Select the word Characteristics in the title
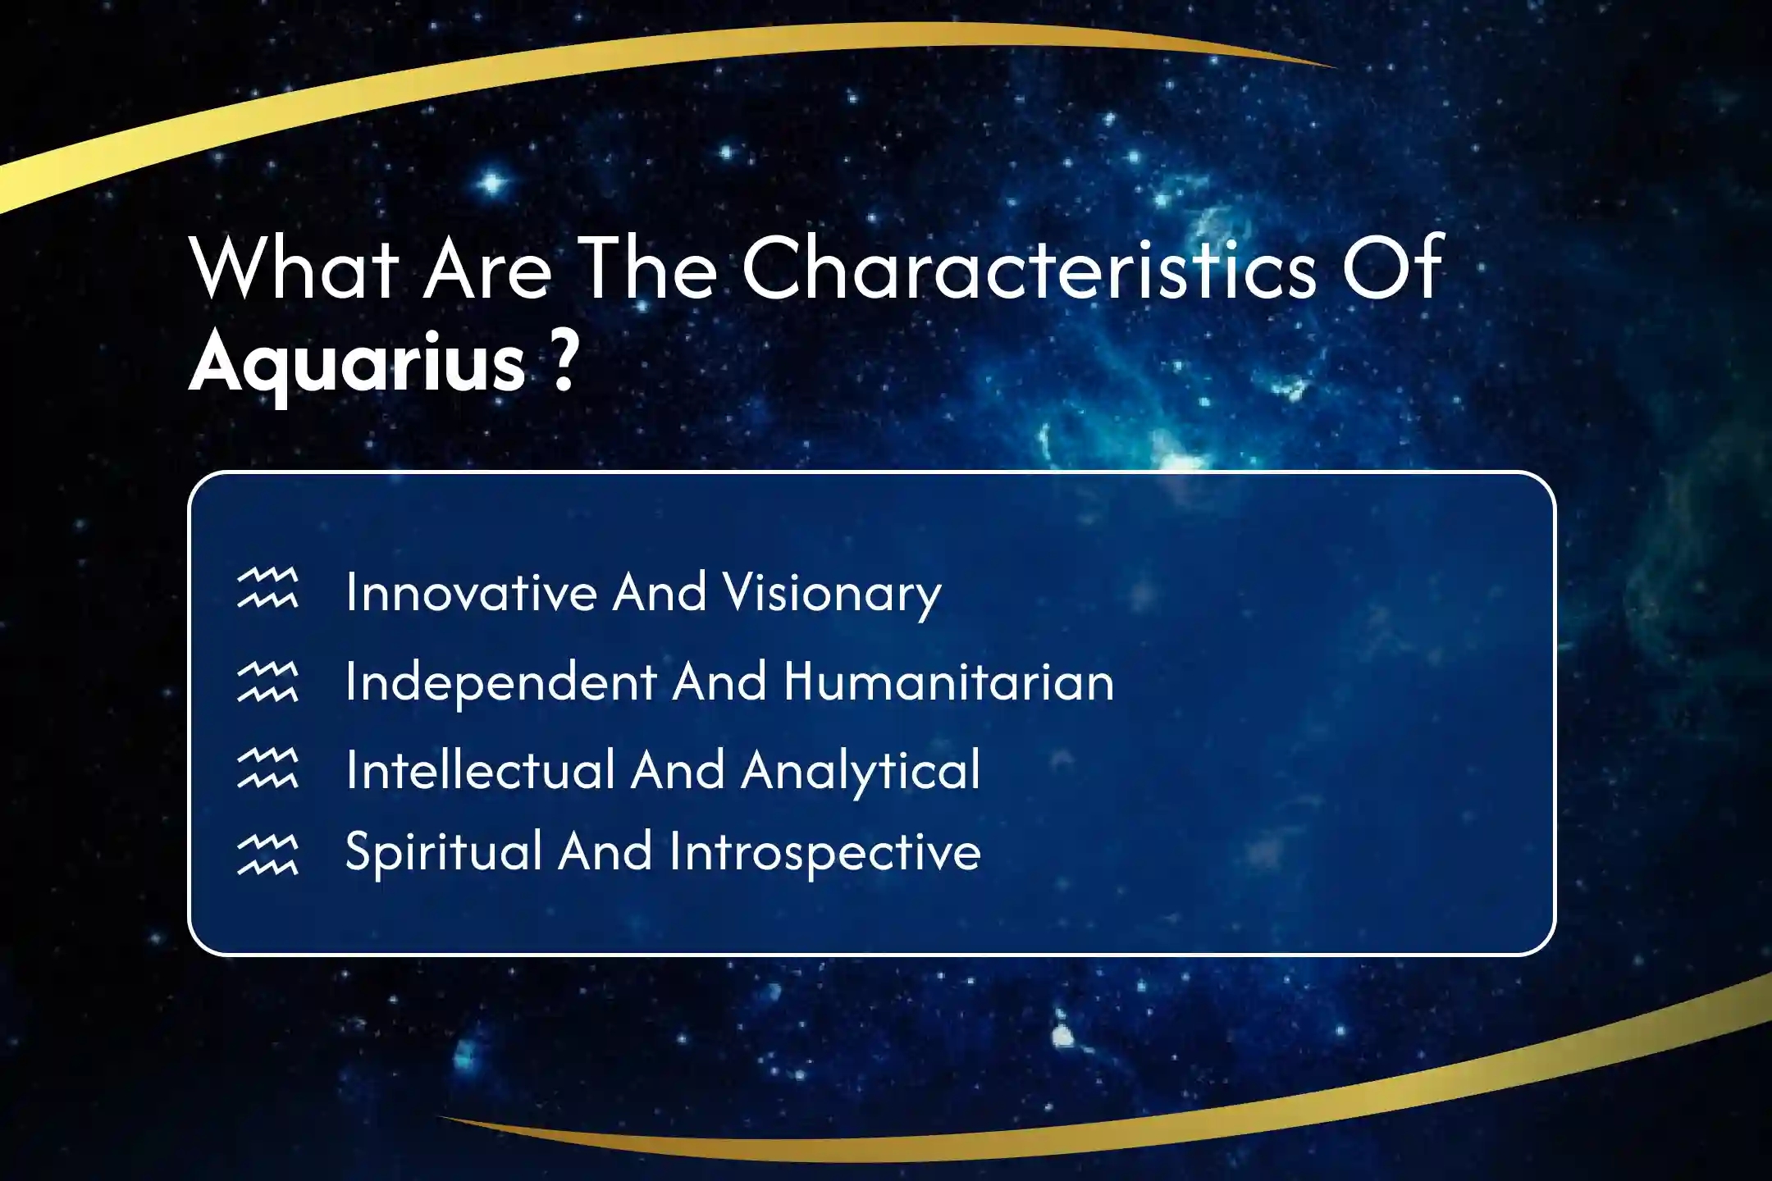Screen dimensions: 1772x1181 pos(1029,267)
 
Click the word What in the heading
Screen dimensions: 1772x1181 pos(295,267)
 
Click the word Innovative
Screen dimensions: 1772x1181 pos(472,591)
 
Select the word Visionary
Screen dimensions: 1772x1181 pos(833,595)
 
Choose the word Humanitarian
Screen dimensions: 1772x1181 pos(949,682)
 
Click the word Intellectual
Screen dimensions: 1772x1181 pos(481,770)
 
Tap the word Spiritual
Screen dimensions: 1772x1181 pos(444,853)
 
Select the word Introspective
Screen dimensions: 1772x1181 pos(825,854)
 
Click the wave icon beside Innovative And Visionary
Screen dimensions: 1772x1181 pos(267,588)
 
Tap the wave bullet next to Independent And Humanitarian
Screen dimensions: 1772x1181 pos(267,682)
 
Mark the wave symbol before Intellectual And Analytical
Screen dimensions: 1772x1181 pos(267,768)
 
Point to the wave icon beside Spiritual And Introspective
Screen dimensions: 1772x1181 pos(267,855)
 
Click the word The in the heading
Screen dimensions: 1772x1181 pos(647,267)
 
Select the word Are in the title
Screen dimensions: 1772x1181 pos(487,267)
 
